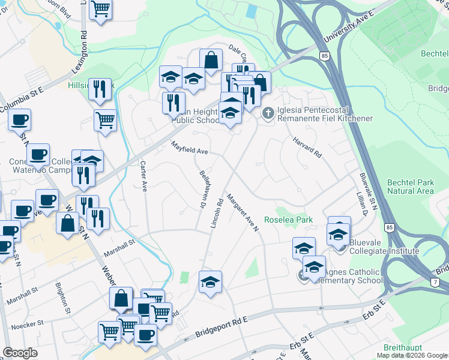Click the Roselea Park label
tap(294, 220)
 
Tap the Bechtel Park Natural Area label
tap(409, 186)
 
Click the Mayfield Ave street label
tap(189, 148)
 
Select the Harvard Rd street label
tap(307, 147)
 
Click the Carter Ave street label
tap(143, 176)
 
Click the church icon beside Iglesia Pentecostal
tap(268, 112)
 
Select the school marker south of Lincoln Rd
tap(210, 282)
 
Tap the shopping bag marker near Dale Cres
tap(211, 60)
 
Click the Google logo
tap(20, 353)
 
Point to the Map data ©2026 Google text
tap(412, 355)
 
